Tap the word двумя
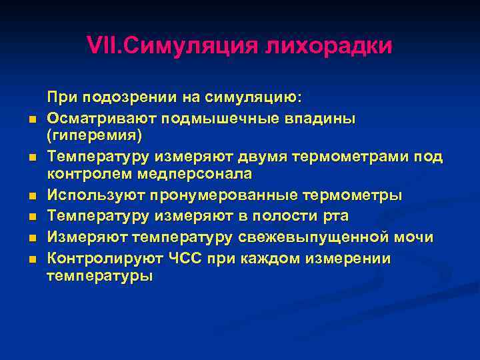(x=239, y=157)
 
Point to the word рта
(x=335, y=216)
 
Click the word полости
(x=287, y=216)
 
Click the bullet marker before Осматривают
(x=32, y=120)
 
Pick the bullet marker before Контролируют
(x=32, y=259)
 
